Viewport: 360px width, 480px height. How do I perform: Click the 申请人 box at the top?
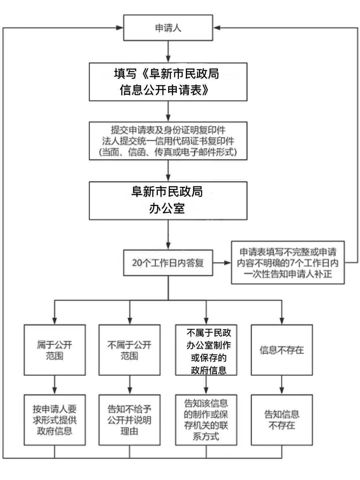(x=168, y=28)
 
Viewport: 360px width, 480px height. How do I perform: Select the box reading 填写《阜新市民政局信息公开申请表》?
(x=168, y=82)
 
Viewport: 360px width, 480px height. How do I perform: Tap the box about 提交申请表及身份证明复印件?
(x=168, y=141)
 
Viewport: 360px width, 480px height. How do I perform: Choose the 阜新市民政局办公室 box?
(x=168, y=200)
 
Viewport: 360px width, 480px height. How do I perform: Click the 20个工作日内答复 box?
(x=168, y=263)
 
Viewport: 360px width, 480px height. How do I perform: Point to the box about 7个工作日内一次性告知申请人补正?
(x=288, y=263)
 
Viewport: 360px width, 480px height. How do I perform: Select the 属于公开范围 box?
(x=55, y=350)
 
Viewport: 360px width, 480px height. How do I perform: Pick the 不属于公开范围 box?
(x=129, y=350)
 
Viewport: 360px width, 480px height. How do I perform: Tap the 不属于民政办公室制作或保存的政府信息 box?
(x=206, y=350)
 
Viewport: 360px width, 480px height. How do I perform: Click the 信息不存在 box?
(x=282, y=350)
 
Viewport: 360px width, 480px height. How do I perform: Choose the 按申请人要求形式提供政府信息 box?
(x=55, y=420)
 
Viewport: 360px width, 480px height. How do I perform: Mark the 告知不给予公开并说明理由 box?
(x=129, y=420)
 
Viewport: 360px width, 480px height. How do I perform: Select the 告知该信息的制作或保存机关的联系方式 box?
(x=206, y=420)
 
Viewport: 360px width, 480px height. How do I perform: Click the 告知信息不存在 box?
(x=282, y=420)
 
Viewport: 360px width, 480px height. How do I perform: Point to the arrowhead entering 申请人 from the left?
(x=119, y=28)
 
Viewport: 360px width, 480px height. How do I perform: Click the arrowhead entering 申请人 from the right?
(x=217, y=28)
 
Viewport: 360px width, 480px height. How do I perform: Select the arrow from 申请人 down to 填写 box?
(x=168, y=52)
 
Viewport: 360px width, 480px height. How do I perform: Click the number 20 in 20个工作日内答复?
(x=137, y=263)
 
